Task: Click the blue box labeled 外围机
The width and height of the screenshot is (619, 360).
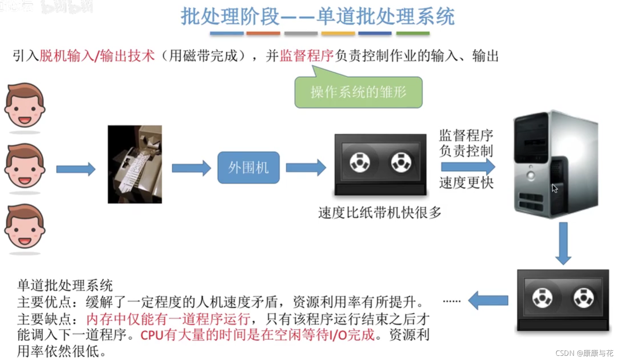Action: (248, 167)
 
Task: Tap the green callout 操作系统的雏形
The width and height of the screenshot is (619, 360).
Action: (358, 92)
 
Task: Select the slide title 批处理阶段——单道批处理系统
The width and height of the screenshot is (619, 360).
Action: (318, 16)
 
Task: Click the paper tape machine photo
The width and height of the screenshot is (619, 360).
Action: (135, 164)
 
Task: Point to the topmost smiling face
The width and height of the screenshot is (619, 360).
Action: (25, 106)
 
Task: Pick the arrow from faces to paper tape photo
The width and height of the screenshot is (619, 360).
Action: (75, 169)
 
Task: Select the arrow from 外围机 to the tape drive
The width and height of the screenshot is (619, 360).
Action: (306, 167)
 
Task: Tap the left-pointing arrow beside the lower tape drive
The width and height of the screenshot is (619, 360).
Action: (488, 301)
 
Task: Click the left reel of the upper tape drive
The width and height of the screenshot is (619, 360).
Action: (360, 162)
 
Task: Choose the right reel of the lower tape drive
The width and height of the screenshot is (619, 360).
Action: (583, 298)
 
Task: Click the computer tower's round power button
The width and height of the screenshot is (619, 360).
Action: (531, 175)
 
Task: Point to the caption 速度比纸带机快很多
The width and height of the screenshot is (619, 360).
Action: (380, 212)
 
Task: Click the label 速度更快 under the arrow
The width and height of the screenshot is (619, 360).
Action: (466, 183)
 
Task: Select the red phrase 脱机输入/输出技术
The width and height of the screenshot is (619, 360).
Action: (97, 56)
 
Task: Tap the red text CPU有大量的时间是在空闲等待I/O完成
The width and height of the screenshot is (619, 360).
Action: (258, 335)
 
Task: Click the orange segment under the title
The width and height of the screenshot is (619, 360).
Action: (263, 34)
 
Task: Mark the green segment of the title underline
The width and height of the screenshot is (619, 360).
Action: (413, 34)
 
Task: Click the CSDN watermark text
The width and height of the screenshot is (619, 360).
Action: (584, 353)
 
